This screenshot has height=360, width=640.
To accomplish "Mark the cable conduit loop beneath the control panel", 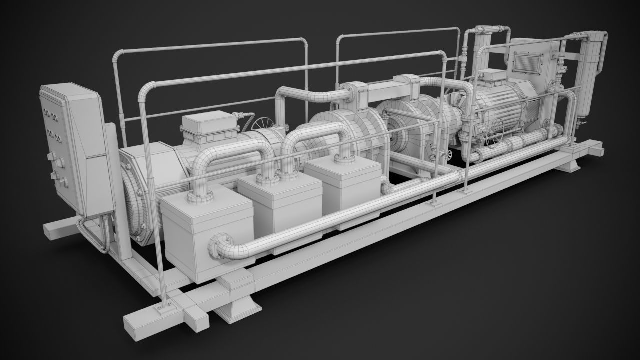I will (x=95, y=235).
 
